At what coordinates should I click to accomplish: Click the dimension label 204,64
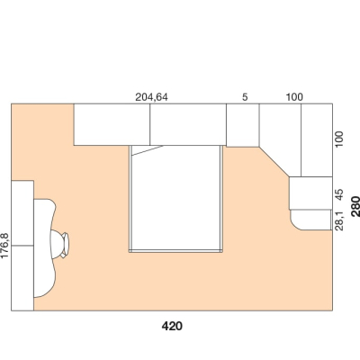tap(151, 97)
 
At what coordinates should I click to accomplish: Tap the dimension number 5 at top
tap(245, 97)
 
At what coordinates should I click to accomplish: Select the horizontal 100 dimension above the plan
tap(294, 97)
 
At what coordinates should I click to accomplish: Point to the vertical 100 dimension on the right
tap(339, 139)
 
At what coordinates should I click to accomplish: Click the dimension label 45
tap(339, 194)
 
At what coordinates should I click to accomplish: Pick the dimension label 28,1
tap(339, 220)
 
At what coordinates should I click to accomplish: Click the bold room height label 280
tap(355, 206)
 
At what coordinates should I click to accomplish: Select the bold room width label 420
tap(172, 326)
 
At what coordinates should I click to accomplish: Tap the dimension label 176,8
tap(5, 246)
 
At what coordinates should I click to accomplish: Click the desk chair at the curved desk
tap(59, 244)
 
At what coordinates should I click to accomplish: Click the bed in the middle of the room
tap(175, 199)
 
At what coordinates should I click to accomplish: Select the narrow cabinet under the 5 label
tap(243, 125)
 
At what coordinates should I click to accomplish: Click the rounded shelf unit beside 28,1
tap(311, 220)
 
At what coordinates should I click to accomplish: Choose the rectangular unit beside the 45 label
tap(310, 193)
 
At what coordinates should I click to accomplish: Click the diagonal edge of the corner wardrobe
tap(274, 161)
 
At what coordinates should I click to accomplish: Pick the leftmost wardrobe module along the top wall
tap(112, 124)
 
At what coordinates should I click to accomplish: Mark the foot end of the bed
tap(175, 251)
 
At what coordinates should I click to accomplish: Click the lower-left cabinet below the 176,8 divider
tap(22, 278)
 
